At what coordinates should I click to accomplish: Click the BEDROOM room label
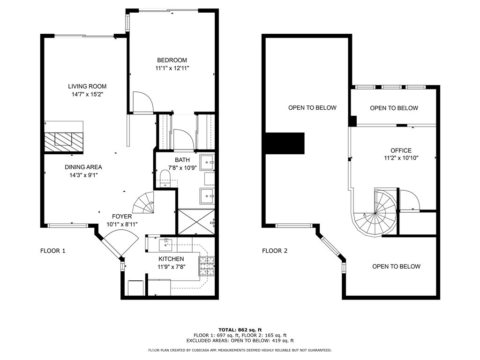172,60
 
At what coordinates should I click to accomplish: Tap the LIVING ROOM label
87,87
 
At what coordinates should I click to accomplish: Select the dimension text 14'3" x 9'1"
83,175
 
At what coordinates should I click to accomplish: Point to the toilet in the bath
165,178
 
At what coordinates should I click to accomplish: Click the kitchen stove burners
207,266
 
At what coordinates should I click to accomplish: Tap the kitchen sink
165,244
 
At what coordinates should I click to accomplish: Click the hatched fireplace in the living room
64,142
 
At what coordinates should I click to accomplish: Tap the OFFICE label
401,150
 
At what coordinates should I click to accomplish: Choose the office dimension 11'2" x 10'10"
401,158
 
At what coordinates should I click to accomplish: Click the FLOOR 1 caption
53,251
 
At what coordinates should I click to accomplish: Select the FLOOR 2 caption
275,251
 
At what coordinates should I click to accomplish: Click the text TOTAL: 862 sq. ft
240,330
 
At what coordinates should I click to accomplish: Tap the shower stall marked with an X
196,222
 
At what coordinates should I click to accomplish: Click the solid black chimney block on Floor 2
285,143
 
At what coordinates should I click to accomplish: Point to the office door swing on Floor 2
410,200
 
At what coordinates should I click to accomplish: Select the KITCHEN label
171,259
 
